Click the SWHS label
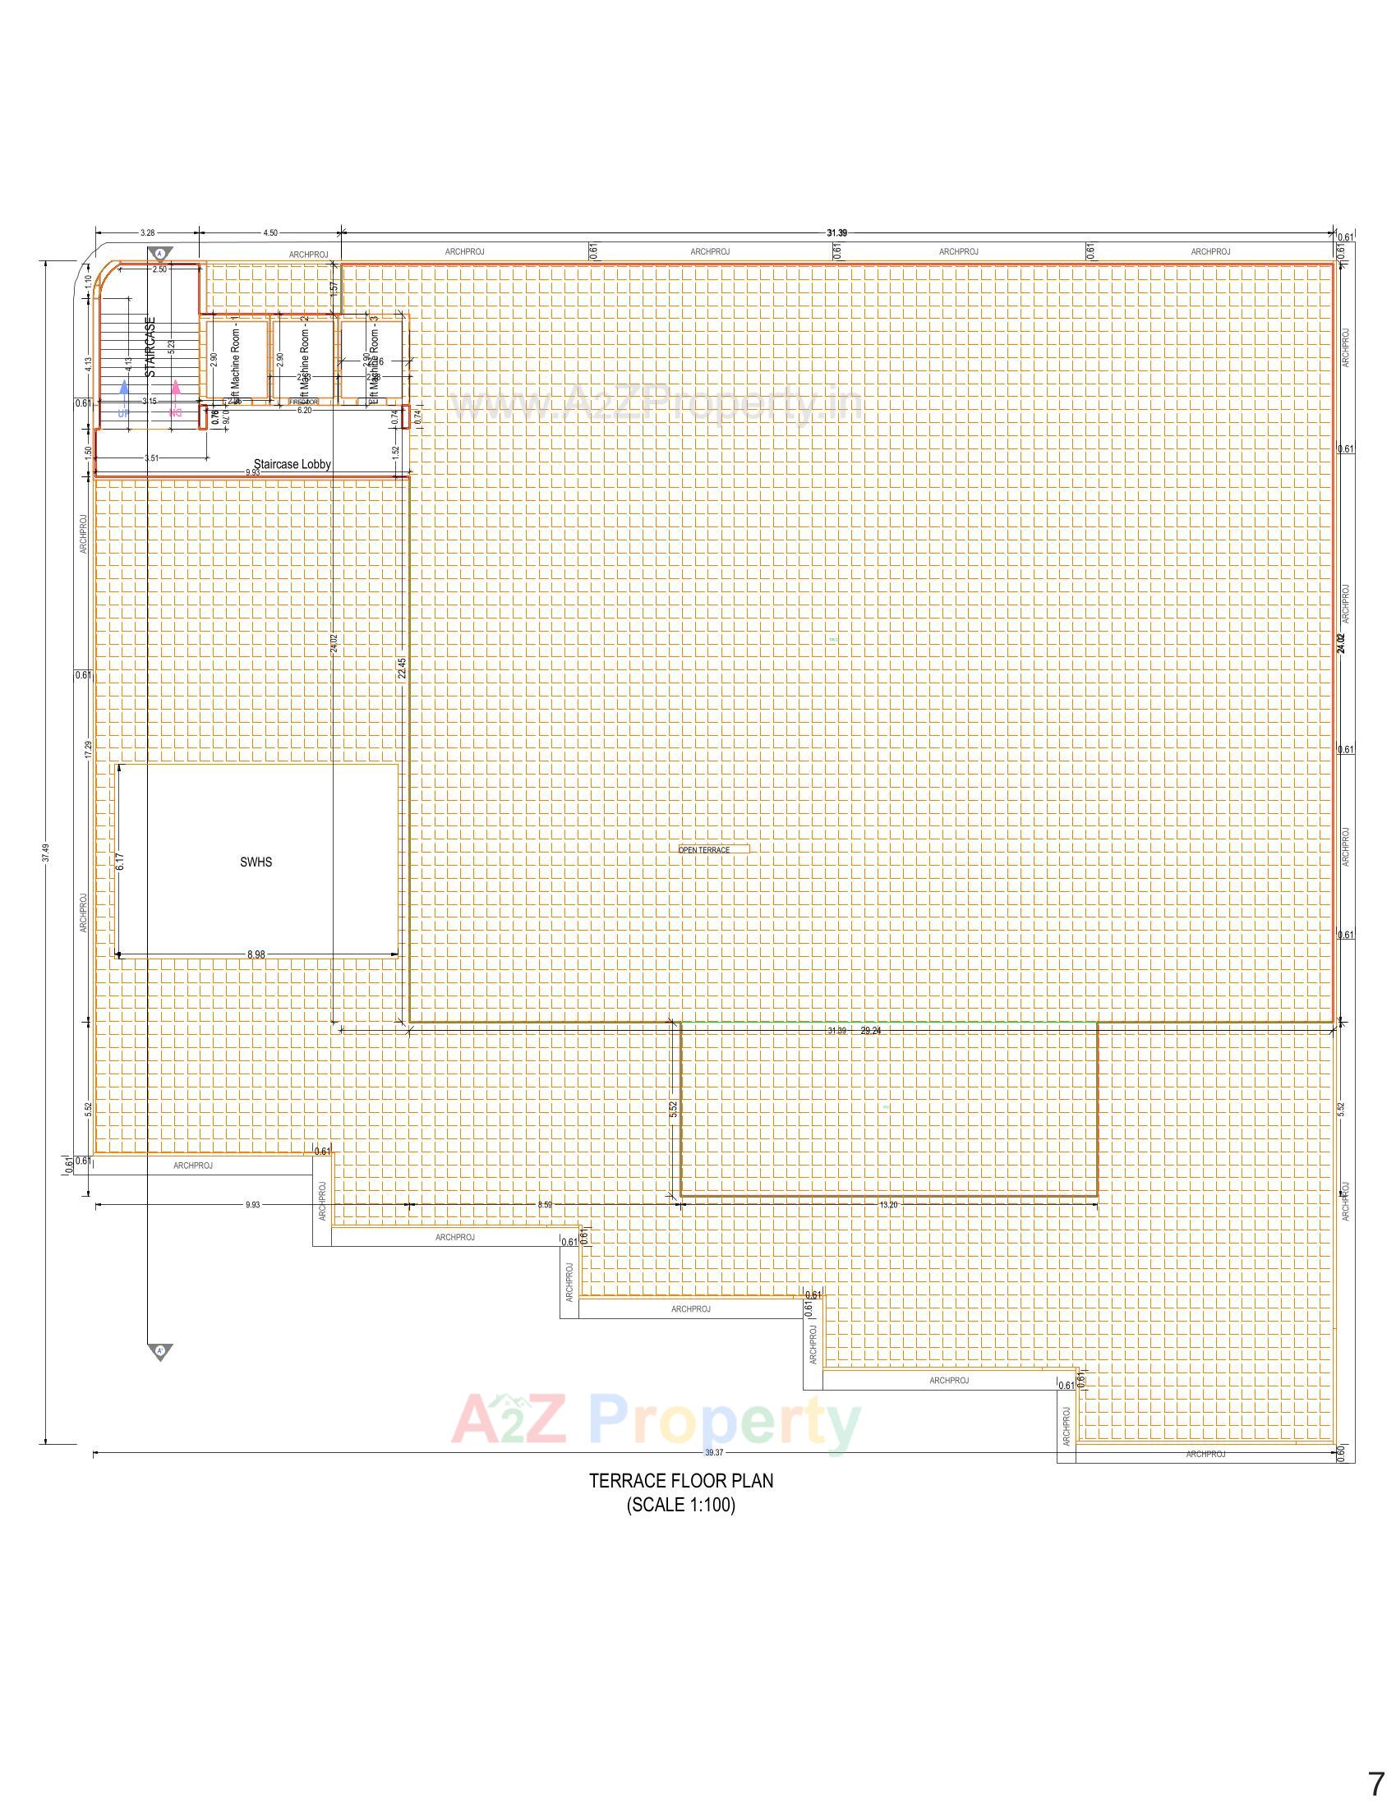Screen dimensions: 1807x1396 click(256, 862)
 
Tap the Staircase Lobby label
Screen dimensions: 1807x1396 click(293, 464)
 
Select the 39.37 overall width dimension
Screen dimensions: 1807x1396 click(713, 1453)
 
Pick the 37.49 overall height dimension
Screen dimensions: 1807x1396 click(46, 853)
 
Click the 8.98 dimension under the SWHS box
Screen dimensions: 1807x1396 click(256, 954)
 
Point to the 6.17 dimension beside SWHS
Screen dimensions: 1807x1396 click(120, 862)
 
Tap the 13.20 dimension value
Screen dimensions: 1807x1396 click(888, 1206)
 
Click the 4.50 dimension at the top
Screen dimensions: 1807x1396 click(270, 233)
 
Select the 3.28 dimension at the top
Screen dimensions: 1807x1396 click(147, 233)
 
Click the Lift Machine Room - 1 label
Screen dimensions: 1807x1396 click(235, 361)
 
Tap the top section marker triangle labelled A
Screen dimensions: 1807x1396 click(160, 253)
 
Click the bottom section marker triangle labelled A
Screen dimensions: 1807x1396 click(160, 1351)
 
